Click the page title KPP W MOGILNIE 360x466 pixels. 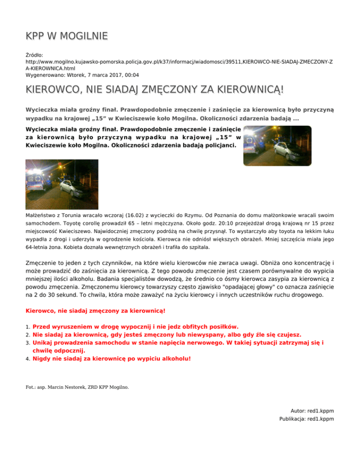(x=67, y=36)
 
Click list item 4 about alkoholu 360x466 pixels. (x=112, y=359)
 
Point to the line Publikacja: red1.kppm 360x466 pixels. (x=306, y=419)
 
